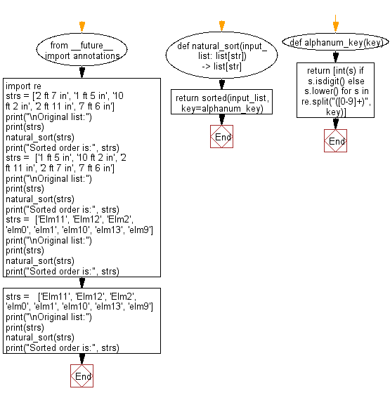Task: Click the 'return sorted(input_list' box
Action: coord(221,102)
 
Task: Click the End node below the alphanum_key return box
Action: coord(337,141)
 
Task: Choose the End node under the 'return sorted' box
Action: coord(221,137)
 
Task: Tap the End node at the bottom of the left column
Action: coord(82,376)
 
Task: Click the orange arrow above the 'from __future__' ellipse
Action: coord(82,26)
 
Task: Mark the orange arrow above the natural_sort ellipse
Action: coord(221,27)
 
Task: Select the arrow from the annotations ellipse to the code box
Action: coord(82,71)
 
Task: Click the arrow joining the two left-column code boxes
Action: coord(82,282)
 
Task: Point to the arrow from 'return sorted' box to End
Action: coord(221,120)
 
